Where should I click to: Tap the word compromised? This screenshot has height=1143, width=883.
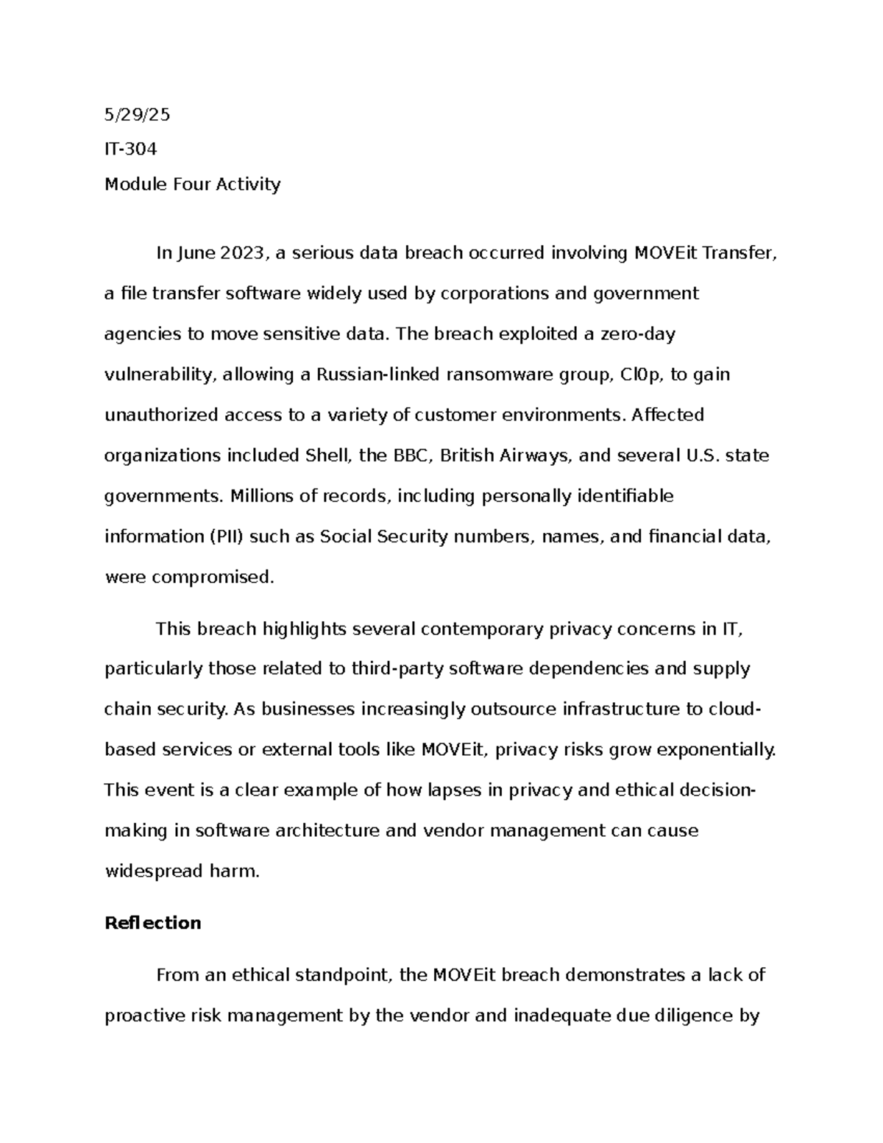pyautogui.click(x=212, y=577)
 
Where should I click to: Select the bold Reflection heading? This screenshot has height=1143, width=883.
pyautogui.click(x=153, y=923)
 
